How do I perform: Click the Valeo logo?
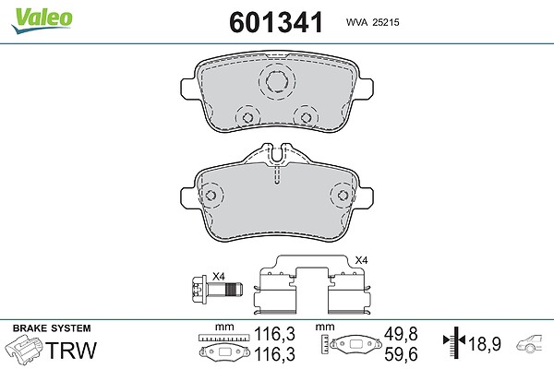click(42, 20)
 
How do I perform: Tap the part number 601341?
click(276, 22)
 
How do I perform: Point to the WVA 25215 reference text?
click(372, 22)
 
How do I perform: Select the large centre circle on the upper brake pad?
click(277, 81)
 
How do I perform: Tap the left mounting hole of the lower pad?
click(211, 196)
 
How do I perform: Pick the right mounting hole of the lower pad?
click(342, 196)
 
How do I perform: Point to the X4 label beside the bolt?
click(218, 277)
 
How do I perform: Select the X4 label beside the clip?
click(361, 260)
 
